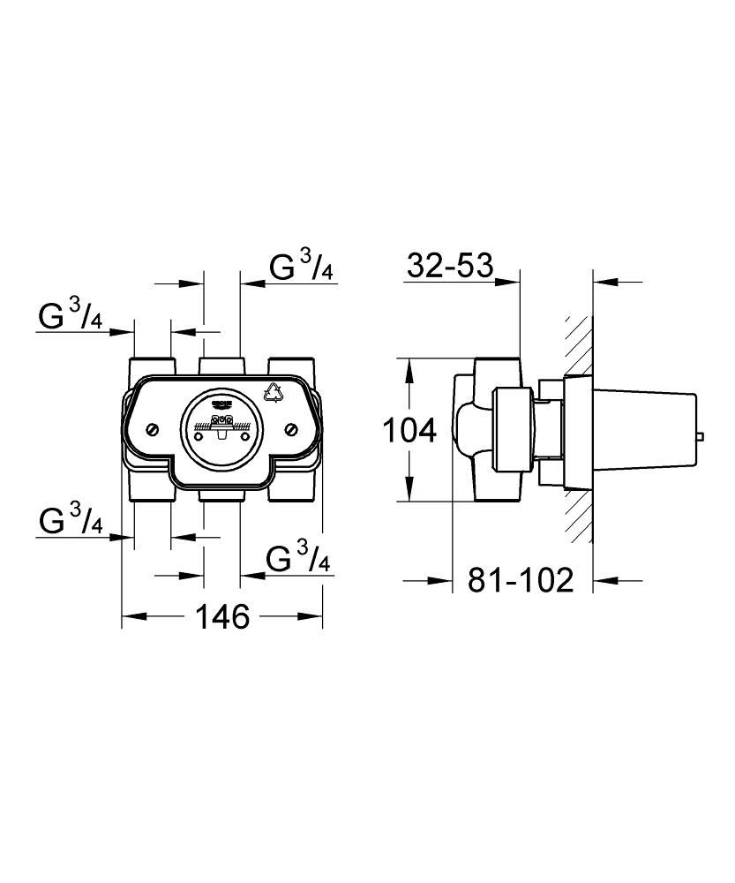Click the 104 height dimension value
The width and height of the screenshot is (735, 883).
click(409, 432)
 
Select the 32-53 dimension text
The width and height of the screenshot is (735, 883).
click(450, 265)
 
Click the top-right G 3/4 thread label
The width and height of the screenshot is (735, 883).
click(302, 266)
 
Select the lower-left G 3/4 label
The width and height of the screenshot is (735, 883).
click(71, 520)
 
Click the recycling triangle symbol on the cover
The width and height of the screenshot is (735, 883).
click(274, 392)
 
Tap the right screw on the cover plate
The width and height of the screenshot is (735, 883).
click(292, 430)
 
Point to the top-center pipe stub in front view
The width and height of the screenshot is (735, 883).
click(221, 366)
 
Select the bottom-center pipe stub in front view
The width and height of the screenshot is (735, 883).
click(221, 495)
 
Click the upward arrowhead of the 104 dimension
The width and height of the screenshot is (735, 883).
click(409, 369)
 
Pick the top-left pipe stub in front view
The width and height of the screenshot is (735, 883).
click(152, 366)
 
